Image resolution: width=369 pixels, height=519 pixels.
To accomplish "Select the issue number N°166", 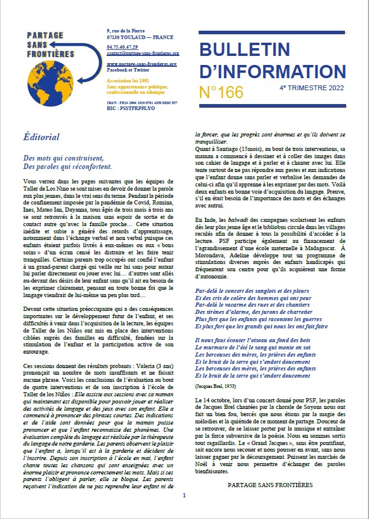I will coord(221,92).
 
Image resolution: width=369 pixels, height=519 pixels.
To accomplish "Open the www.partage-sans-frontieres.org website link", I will coord(141,63).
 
